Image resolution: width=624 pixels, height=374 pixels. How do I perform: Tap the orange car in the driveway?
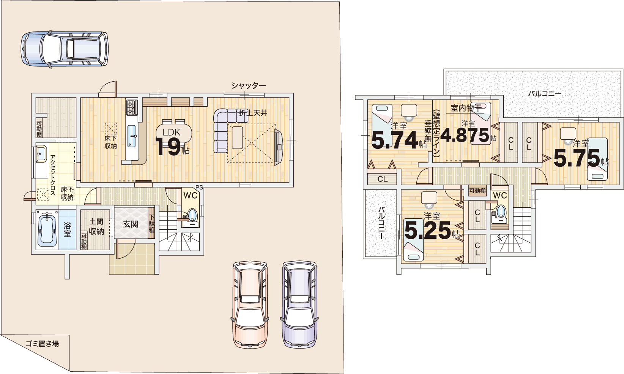pyautogui.click(x=250, y=304)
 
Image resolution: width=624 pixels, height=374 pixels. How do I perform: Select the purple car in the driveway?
pyautogui.click(x=299, y=304)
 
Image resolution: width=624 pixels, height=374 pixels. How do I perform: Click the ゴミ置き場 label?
pyautogui.click(x=43, y=344)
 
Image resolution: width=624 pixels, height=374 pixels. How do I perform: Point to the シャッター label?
pyautogui.click(x=249, y=86)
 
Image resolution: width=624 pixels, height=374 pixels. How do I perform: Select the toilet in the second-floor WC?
pyautogui.click(x=501, y=212)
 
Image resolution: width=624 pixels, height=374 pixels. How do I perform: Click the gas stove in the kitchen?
pyautogui.click(x=132, y=107)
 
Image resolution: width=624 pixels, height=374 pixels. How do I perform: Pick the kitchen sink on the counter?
pyautogui.click(x=132, y=136)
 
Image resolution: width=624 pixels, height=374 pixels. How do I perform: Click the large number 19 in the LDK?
pyautogui.click(x=168, y=147)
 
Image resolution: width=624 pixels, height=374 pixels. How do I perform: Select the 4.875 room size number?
pyautogui.click(x=464, y=135)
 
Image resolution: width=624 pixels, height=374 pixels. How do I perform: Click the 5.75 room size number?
pyautogui.click(x=577, y=158)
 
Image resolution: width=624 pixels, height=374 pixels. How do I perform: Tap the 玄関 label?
pyautogui.click(x=130, y=224)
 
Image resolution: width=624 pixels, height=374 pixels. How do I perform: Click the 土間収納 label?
pyautogui.click(x=96, y=227)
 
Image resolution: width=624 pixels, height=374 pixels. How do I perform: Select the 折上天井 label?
pyautogui.click(x=253, y=113)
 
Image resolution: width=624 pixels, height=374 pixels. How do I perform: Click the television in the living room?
pyautogui.click(x=278, y=147)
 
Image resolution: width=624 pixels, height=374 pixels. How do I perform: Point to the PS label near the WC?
pyautogui.click(x=199, y=187)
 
